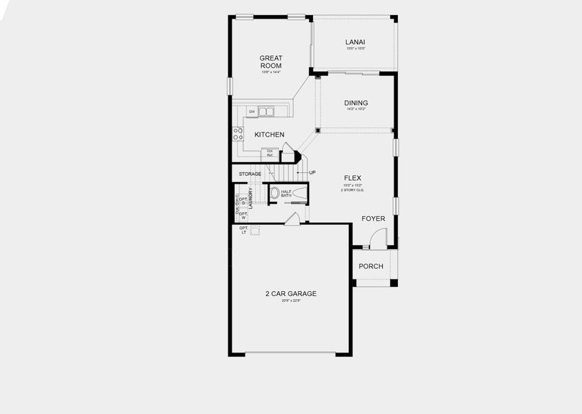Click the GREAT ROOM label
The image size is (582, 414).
(271, 62)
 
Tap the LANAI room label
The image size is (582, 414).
(355, 42)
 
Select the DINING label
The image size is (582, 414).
(356, 103)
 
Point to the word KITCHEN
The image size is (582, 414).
(269, 135)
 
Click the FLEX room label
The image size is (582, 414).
(353, 178)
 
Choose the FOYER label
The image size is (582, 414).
(374, 219)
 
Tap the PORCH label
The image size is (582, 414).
(371, 266)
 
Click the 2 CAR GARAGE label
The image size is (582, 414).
(291, 293)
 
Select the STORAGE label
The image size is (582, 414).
(250, 174)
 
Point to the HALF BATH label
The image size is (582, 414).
(286, 194)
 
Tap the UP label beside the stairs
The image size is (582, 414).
(312, 172)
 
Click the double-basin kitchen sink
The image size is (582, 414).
(266, 112)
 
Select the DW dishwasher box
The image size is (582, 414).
(252, 112)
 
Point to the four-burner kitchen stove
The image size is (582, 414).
(238, 133)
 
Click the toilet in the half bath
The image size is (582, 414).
(275, 193)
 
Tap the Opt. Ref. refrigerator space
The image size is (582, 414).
(270, 153)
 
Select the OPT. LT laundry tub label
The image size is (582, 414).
(243, 230)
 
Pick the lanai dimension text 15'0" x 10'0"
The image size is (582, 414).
(355, 48)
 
